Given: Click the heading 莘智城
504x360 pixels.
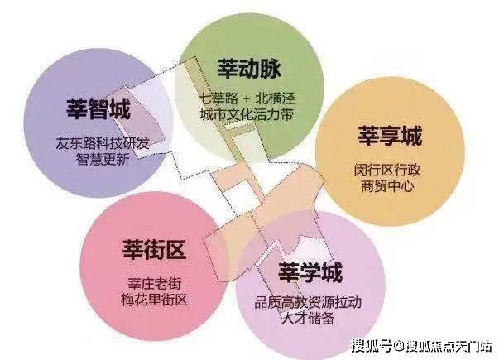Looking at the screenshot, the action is click(x=98, y=108).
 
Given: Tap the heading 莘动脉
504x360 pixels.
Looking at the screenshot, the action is click(x=249, y=68).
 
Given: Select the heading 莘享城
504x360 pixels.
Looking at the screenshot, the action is click(x=390, y=136).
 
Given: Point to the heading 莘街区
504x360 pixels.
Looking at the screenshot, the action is click(x=154, y=249).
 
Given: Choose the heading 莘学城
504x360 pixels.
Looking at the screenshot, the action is click(x=310, y=272).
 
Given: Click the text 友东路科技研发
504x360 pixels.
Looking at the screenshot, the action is click(x=103, y=142).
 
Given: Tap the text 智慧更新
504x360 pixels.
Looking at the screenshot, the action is click(x=103, y=159).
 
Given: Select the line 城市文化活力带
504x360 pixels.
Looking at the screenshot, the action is click(x=247, y=115).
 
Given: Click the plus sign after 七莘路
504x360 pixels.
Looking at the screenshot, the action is click(x=247, y=98).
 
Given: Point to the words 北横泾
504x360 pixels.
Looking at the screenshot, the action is click(x=276, y=98).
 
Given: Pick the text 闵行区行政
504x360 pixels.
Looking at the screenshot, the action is click(x=387, y=170).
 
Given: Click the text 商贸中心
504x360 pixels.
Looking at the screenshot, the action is click(x=387, y=186).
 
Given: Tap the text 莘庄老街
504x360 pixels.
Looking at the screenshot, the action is click(x=155, y=284).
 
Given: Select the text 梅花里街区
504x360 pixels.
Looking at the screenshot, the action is click(x=155, y=300).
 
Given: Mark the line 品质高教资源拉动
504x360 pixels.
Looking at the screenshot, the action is click(x=308, y=302).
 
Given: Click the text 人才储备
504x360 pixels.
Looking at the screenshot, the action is click(x=308, y=319).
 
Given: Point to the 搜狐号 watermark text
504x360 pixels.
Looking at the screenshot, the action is click(x=372, y=346).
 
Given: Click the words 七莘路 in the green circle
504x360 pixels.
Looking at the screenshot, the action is click(x=218, y=98).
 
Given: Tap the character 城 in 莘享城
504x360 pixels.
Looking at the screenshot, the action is click(x=411, y=136).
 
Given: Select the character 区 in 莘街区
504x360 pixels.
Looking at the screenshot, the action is click(x=175, y=249).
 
